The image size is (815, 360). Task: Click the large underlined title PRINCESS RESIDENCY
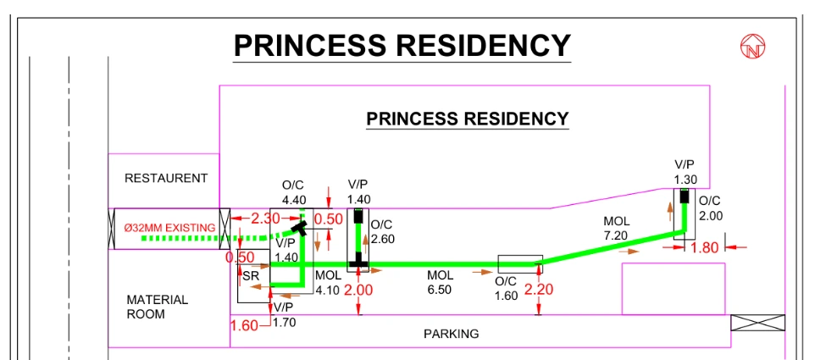[x=402, y=46]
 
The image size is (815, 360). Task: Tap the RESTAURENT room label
[x=166, y=179]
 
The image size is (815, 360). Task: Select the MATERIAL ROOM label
[x=158, y=307]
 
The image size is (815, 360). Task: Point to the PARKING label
[x=451, y=334]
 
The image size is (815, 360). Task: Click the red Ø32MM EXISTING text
[x=169, y=228]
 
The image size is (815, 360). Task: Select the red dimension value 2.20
[x=539, y=290]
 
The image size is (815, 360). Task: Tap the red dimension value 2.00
[x=359, y=290]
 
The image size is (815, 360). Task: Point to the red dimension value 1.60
[x=244, y=325]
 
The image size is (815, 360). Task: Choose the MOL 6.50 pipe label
[x=441, y=282]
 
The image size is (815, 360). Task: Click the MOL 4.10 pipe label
[x=328, y=283]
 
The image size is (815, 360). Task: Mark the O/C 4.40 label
[x=294, y=192]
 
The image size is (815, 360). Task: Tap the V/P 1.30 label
[x=685, y=172]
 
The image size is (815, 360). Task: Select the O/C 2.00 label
[x=710, y=208]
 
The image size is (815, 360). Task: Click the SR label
[x=250, y=276]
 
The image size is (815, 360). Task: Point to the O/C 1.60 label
[x=506, y=289]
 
